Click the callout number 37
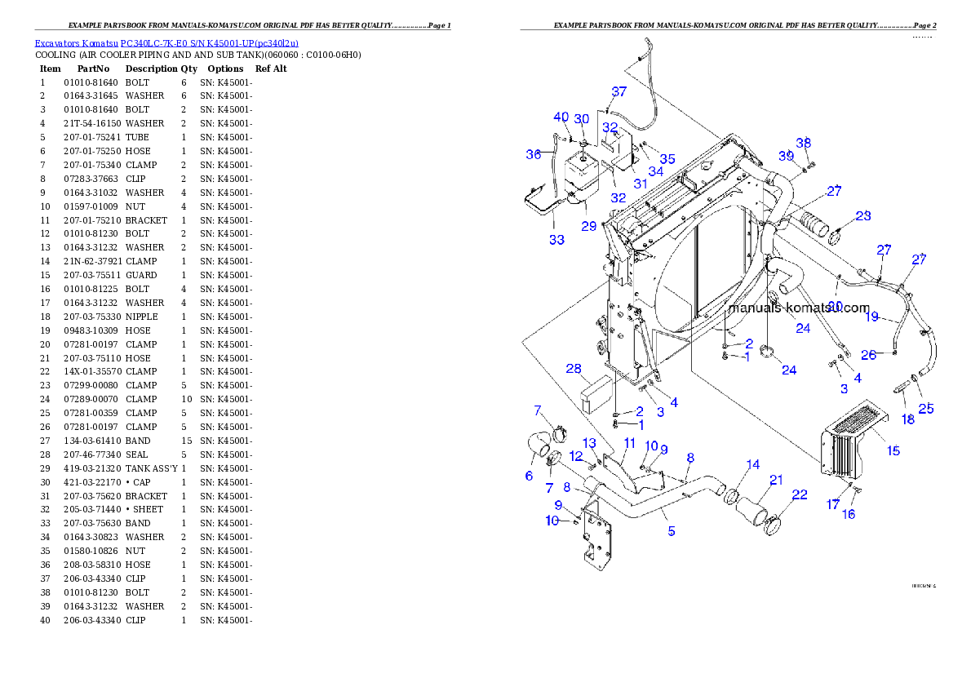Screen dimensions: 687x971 pos(619,91)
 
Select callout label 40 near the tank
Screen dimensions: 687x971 pos(561,117)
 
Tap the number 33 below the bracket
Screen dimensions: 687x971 pos(556,240)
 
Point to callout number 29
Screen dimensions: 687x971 pos(589,226)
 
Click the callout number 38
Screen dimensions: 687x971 pos(804,143)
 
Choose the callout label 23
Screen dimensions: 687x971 pos(863,216)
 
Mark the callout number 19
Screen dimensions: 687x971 pos(872,317)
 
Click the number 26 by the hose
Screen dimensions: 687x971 pos(869,355)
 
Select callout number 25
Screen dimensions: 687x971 pos(926,409)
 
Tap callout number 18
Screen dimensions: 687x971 pos(908,419)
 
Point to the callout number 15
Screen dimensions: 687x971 pos(893,450)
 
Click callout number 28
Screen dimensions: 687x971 pos(574,369)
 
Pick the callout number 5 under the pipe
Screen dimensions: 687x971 pos(672,531)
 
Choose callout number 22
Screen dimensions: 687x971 pos(800,494)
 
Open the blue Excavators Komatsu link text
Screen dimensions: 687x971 pos(166,43)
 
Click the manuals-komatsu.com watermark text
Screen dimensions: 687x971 pos(799,308)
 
